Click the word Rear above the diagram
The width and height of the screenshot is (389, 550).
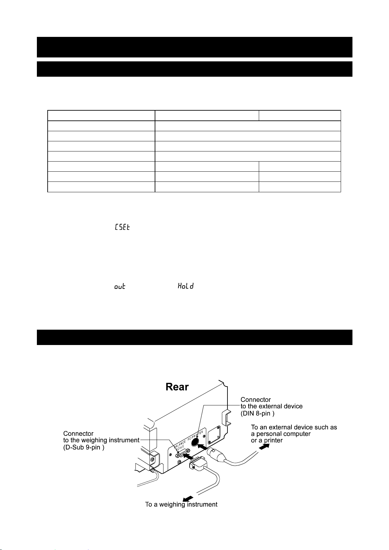(177, 387)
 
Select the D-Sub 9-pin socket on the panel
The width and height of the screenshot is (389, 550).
(183, 452)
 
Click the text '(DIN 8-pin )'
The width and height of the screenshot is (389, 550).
(257, 413)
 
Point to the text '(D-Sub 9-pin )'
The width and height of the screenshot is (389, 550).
(84, 447)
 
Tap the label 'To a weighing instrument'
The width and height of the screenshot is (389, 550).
(181, 504)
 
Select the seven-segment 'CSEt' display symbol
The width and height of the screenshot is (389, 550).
(122, 227)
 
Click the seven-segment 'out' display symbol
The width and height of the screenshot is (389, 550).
(120, 287)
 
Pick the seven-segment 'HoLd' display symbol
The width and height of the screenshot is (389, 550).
(186, 286)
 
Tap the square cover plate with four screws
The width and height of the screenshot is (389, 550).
(214, 434)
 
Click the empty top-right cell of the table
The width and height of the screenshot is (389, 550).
(300, 116)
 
